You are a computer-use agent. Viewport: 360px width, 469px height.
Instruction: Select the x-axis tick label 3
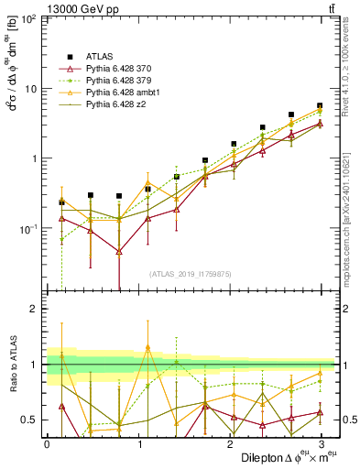pyautogui.click(x=320, y=443)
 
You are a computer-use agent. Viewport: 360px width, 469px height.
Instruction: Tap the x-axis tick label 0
pyautogui.click(x=47, y=443)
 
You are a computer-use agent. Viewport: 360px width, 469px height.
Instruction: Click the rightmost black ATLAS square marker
pyautogui.click(x=320, y=106)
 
